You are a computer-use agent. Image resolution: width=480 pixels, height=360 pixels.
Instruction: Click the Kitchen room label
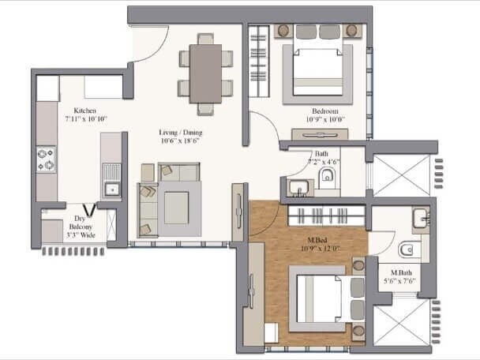pyautogui.click(x=85, y=111)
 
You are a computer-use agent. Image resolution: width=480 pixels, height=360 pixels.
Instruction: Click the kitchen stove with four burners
pyautogui.click(x=45, y=159)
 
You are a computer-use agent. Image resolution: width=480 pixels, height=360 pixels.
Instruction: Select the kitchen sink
pyautogui.click(x=112, y=188)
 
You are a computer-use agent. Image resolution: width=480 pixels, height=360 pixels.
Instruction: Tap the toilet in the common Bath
pyautogui.click(x=329, y=186)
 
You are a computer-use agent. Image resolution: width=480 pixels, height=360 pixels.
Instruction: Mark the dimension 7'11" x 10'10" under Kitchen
pyautogui.click(x=85, y=119)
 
